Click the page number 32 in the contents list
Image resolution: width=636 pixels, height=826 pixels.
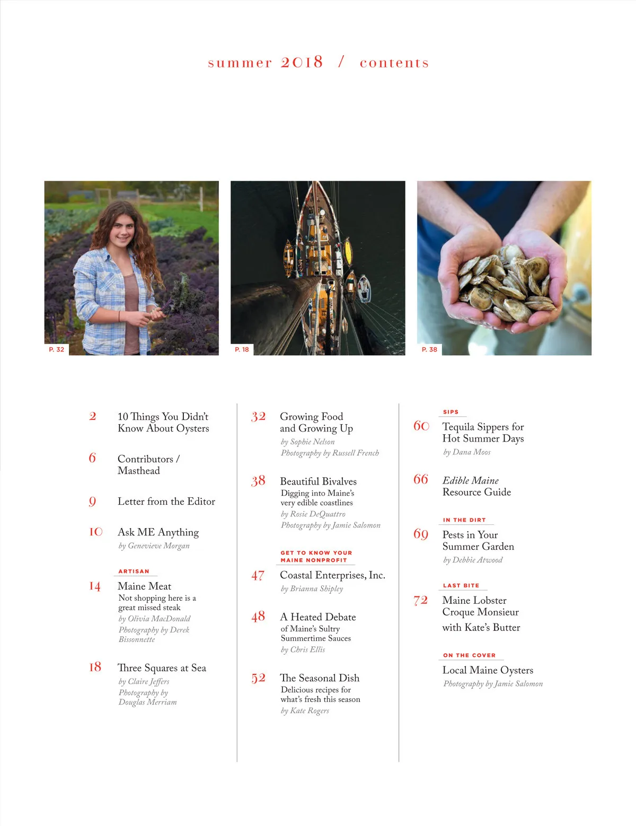tap(258, 417)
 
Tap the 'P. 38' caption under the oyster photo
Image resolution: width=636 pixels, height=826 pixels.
tap(429, 349)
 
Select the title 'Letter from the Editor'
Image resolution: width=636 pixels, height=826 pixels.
tap(166, 502)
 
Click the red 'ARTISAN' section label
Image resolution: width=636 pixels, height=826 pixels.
tap(134, 572)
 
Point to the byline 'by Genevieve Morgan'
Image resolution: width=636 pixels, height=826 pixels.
tap(154, 546)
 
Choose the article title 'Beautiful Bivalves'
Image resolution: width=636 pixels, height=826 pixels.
tap(319, 481)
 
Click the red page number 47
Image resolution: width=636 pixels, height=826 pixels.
tap(258, 576)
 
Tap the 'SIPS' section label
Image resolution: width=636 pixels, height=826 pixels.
tap(450, 412)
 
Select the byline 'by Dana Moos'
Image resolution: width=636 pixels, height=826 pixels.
tap(467, 452)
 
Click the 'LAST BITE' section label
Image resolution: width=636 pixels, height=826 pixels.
tap(461, 585)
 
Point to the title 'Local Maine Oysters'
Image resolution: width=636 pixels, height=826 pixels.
tap(488, 670)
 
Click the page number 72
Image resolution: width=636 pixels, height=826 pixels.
tap(421, 601)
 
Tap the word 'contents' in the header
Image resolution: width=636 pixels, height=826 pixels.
tap(394, 63)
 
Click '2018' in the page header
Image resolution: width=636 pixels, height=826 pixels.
tap(302, 62)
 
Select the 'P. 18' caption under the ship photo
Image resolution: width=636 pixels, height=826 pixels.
tap(242, 349)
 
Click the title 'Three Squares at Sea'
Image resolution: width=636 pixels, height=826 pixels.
tap(162, 668)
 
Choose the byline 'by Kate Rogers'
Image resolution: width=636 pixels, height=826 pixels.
tap(305, 710)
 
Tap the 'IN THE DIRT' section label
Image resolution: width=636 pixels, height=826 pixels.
tap(464, 520)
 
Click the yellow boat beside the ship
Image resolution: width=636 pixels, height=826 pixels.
tap(348, 251)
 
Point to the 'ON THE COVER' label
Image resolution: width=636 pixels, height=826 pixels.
tap(469, 655)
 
